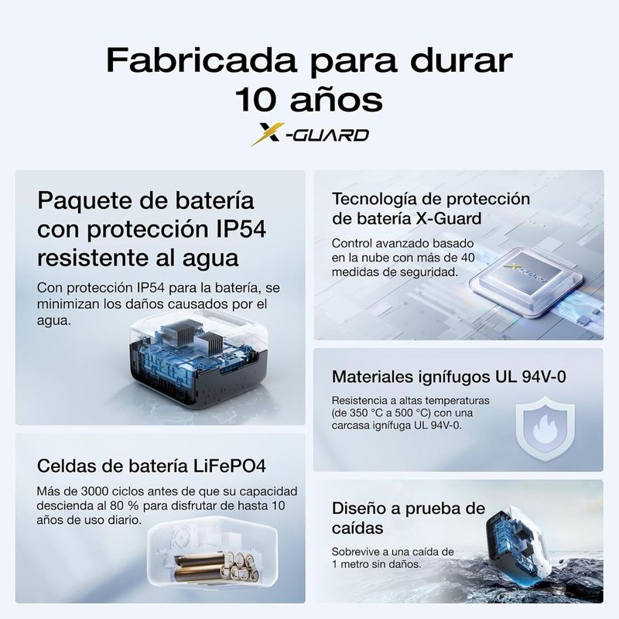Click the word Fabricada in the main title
(201, 60)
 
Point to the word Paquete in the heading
(85, 201)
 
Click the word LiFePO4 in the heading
(229, 466)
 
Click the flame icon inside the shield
(545, 429)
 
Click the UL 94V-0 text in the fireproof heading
(531, 377)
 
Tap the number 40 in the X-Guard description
(467, 258)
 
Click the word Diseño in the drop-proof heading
(358, 508)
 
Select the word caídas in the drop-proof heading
(357, 528)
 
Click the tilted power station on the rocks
(513, 543)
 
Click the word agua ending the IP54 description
(54, 321)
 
